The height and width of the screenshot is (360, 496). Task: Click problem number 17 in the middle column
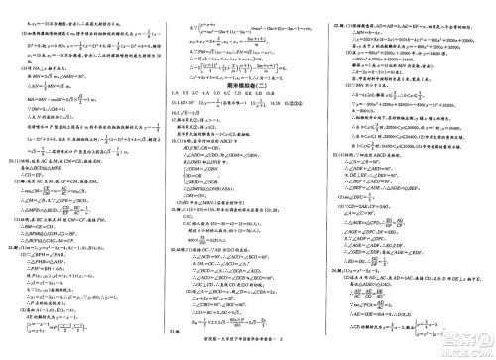coord(174,126)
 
